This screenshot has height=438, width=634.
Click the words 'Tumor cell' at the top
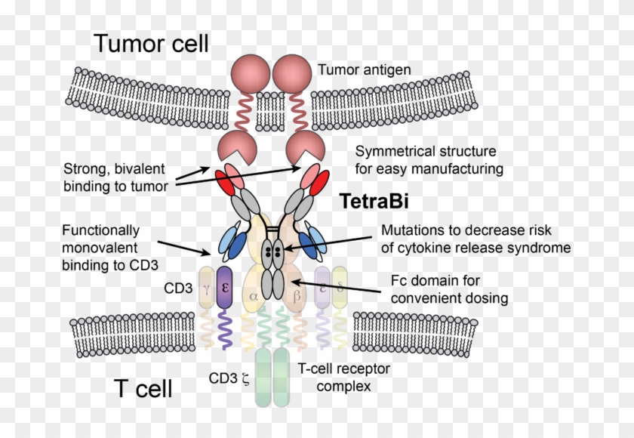coord(151,43)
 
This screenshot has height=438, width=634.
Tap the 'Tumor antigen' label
coord(364,70)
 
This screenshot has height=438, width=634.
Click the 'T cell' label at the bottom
coord(143,388)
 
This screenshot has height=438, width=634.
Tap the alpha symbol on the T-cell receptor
coord(254,297)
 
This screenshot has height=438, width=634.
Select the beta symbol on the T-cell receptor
coord(297,297)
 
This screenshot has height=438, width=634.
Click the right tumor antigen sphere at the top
coord(292,75)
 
